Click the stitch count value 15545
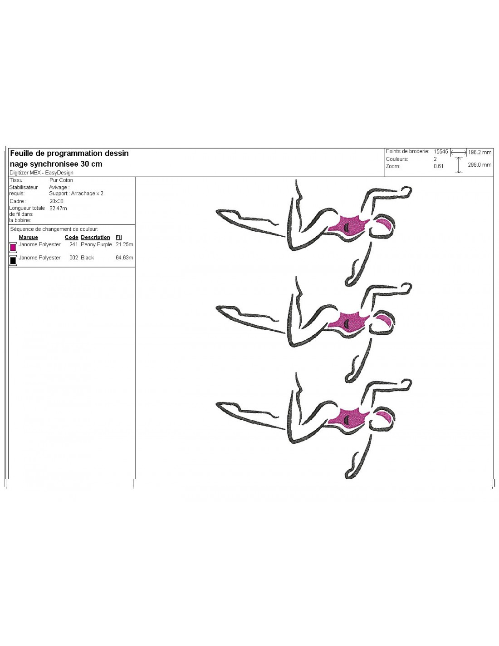[440, 152]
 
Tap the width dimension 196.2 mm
[479, 153]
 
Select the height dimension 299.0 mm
[479, 165]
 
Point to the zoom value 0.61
[438, 166]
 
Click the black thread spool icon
[13, 260]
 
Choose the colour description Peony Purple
[96, 244]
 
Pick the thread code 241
[73, 244]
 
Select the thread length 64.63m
[124, 258]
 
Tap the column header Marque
[28, 237]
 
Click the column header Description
[95, 237]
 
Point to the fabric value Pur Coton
[61, 180]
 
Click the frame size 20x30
[56, 201]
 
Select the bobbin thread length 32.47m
[58, 209]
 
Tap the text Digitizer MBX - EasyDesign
[41, 173]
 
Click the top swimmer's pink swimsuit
[350, 226]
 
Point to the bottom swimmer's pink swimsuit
[350, 417]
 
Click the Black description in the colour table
[87, 258]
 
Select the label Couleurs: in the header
[397, 159]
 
